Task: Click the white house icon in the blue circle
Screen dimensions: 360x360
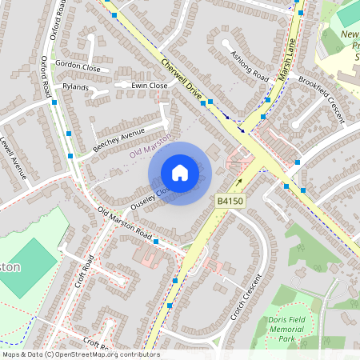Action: [x=180, y=172]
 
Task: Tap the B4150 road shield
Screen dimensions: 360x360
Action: [x=230, y=202]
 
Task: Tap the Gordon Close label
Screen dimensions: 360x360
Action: [x=77, y=66]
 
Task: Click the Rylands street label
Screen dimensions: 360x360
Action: [x=76, y=87]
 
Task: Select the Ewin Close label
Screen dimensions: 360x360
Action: [x=150, y=85]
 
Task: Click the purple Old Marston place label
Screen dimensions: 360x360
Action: [x=150, y=145]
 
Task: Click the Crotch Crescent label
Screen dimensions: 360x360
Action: [x=249, y=297]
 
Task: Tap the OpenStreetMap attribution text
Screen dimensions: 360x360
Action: [x=80, y=354]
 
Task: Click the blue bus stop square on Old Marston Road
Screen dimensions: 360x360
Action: [x=155, y=241]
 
